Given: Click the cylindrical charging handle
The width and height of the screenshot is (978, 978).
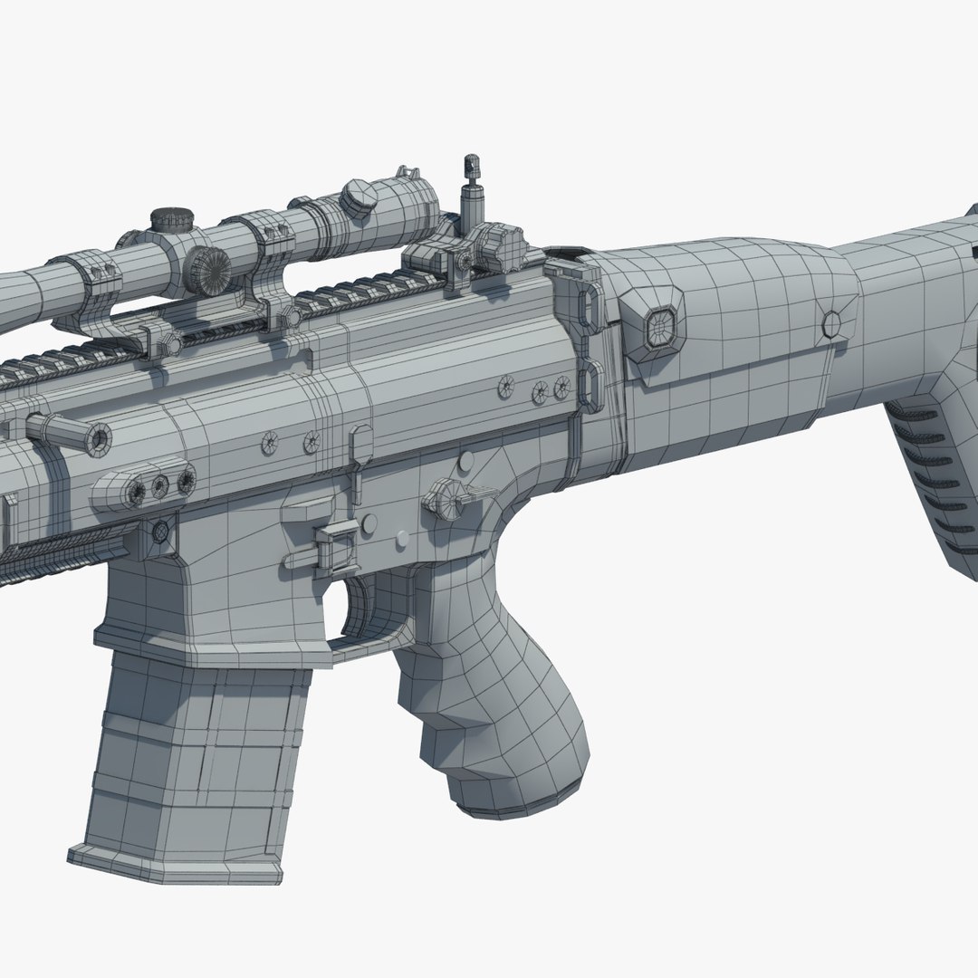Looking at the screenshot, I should pyautogui.click(x=68, y=431).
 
